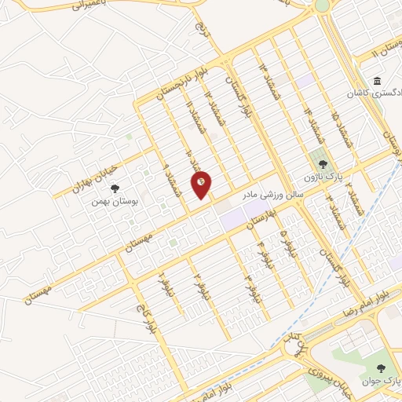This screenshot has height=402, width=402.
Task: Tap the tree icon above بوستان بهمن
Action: [x=115, y=188]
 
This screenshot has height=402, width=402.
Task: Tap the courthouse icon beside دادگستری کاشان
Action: [x=378, y=82]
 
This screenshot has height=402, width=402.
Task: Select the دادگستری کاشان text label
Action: [x=375, y=93]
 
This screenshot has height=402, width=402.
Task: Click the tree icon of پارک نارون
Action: [x=323, y=163]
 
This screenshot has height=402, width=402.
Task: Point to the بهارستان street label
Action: [x=263, y=217]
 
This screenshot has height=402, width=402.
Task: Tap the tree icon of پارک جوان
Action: [x=382, y=367]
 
